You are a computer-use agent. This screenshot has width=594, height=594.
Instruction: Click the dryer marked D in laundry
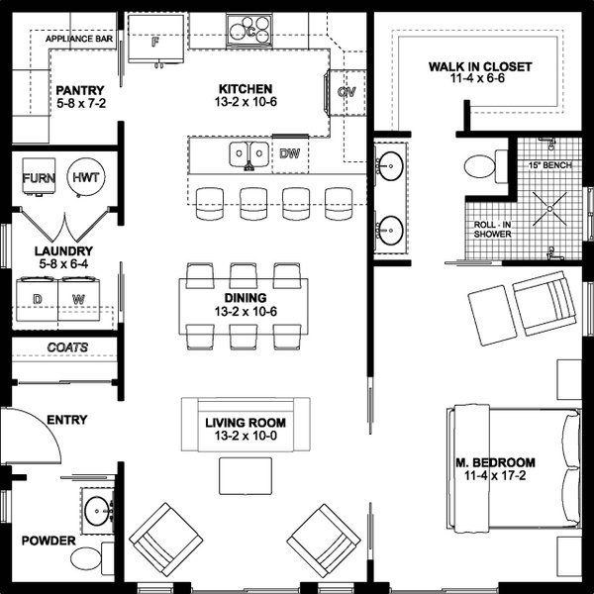38,298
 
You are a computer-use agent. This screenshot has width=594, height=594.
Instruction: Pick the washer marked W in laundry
79,298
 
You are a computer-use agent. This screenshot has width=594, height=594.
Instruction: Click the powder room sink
96,511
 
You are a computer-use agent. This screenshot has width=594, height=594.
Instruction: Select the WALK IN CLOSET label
479,67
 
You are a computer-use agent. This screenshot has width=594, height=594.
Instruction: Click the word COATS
67,347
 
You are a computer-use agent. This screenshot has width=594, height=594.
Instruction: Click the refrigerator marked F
156,42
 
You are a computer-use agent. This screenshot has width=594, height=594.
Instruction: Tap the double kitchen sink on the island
248,153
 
